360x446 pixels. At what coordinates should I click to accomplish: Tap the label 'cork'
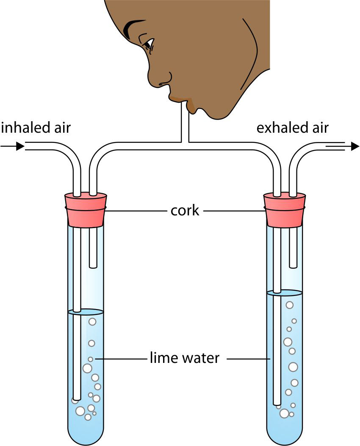[185, 210]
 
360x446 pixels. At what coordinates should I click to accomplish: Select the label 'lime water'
[185, 358]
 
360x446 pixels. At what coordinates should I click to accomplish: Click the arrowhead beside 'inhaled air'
[19, 146]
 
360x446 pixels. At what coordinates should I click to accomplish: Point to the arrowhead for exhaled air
[354, 146]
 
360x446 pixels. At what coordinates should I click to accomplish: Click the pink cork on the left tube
[86, 210]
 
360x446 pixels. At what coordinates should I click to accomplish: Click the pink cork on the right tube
[284, 210]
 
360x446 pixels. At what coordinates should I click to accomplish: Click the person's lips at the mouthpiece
[178, 98]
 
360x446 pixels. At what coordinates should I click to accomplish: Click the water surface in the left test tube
[86, 312]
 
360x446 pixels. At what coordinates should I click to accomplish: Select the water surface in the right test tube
[285, 293]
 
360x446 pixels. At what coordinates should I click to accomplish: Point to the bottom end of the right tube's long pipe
[277, 403]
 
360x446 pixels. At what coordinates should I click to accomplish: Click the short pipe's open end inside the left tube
[94, 266]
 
